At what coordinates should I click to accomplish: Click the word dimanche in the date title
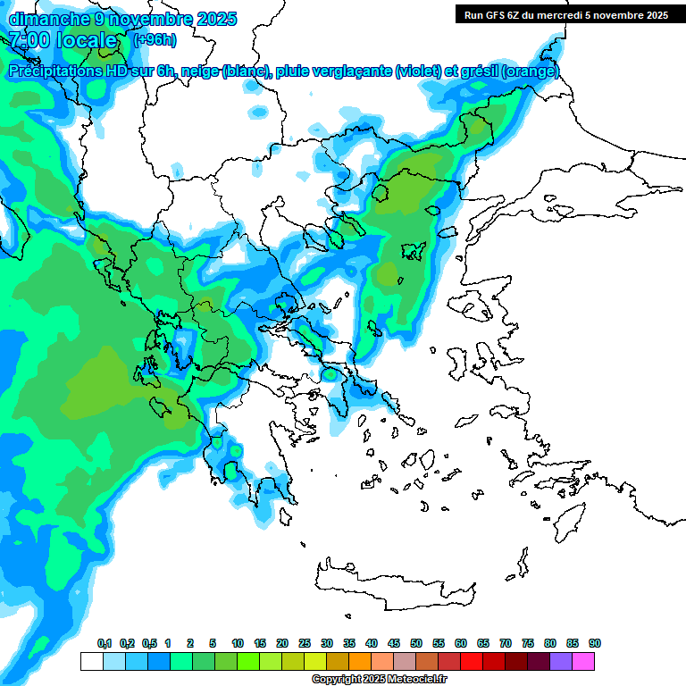tap(43, 18)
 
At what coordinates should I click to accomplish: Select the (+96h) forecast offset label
tap(155, 40)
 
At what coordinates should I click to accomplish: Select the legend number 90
tap(594, 643)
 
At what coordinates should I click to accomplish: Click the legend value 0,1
tap(104, 643)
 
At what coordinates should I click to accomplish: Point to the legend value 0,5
tap(148, 643)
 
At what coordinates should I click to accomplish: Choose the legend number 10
tap(238, 643)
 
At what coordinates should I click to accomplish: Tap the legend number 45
tap(394, 643)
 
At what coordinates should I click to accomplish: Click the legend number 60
tap(461, 643)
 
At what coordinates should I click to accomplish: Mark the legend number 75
tap(528, 643)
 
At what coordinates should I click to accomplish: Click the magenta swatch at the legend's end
tap(583, 661)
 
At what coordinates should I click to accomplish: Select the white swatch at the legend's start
tap(91, 661)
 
